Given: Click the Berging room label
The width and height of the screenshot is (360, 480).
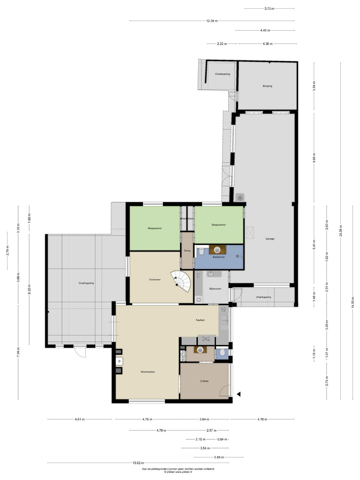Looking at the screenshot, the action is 267,86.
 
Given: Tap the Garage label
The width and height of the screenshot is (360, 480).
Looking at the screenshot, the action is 270,239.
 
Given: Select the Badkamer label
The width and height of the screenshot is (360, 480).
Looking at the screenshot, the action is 219,257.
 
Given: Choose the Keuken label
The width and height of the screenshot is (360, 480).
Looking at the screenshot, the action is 200,320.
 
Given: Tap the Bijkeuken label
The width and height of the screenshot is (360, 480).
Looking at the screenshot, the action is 215,289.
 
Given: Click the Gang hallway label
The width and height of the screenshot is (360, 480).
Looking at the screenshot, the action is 187,251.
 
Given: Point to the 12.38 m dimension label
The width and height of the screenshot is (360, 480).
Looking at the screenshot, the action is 212,21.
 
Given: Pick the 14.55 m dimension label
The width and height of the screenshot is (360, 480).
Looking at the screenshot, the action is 352,302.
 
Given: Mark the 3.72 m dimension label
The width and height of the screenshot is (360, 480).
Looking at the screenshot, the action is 269,9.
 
